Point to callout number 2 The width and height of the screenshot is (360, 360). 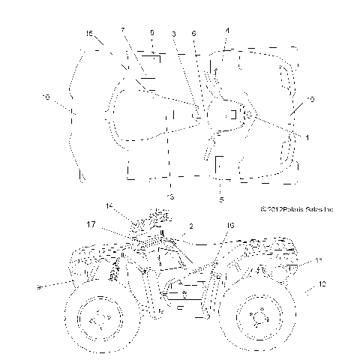click(191, 226)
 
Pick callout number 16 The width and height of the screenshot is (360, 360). click(230, 225)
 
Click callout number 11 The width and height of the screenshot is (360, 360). click(318, 259)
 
